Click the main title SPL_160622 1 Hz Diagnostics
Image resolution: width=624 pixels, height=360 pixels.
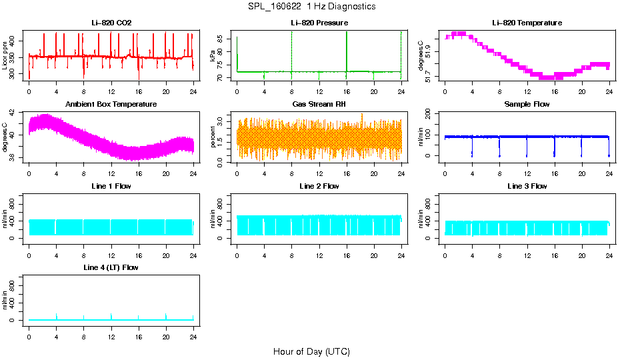tap(311, 6)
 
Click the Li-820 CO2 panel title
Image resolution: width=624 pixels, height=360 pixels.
tap(111, 23)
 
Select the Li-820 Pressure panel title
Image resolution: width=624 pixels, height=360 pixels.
tap(319, 23)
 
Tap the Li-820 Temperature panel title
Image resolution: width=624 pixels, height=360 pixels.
tap(527, 23)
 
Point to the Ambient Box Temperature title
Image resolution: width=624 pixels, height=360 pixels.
tap(111, 105)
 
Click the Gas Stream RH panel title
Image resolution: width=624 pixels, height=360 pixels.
tap(319, 105)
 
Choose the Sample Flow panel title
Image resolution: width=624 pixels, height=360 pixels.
tap(527, 105)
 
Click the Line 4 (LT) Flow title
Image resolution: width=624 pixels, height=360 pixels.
tap(111, 267)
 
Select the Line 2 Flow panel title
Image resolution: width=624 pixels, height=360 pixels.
tap(319, 186)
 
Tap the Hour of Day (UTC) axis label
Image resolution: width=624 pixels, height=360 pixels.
tap(311, 351)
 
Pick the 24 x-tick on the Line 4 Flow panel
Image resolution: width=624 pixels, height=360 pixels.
tap(193, 330)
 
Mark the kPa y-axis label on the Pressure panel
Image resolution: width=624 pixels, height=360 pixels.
tap(213, 57)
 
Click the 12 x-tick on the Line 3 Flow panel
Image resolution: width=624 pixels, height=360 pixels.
tap(527, 249)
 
